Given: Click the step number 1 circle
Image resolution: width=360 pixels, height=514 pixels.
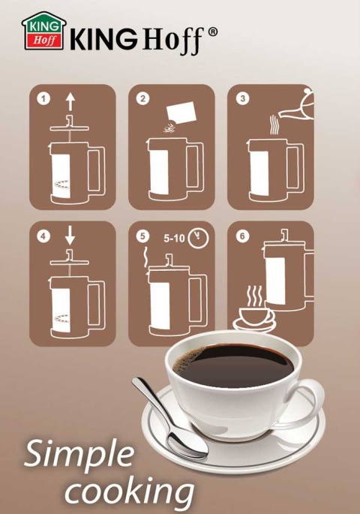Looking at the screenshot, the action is coord(43,98).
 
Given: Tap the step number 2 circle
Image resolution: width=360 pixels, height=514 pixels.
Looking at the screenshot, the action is coord(142,98).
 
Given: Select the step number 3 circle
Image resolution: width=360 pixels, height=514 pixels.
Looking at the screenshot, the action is coord(242,98).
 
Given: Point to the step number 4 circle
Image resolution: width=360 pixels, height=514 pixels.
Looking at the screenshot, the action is coord(43,236).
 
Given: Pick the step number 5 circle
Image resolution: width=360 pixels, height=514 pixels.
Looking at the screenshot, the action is coord(142,236).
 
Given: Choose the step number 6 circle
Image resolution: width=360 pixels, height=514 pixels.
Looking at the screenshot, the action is coord(242,236).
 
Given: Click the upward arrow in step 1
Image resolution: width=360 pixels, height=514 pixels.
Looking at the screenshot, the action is coord(70,102).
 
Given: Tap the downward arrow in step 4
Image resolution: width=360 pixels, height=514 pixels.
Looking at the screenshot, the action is coord(70,235).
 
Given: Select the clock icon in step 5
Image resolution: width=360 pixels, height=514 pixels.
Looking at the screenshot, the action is coord(198,238).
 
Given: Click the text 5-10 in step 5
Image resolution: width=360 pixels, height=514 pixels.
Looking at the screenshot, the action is coord(174,239).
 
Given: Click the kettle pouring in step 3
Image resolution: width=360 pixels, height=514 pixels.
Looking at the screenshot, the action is coord(296,105).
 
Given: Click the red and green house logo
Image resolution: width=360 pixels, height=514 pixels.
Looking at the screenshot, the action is coord(44,32).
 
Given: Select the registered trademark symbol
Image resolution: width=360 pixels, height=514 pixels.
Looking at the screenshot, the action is coord(212,32).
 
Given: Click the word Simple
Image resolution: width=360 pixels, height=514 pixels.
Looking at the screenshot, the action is coord(79,454).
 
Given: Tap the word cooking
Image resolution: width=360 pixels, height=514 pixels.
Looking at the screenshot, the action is coord(130,491).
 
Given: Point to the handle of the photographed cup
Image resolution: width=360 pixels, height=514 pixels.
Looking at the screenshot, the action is coord(309,401).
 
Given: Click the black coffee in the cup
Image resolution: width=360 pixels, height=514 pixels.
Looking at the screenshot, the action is coord(233,365).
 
